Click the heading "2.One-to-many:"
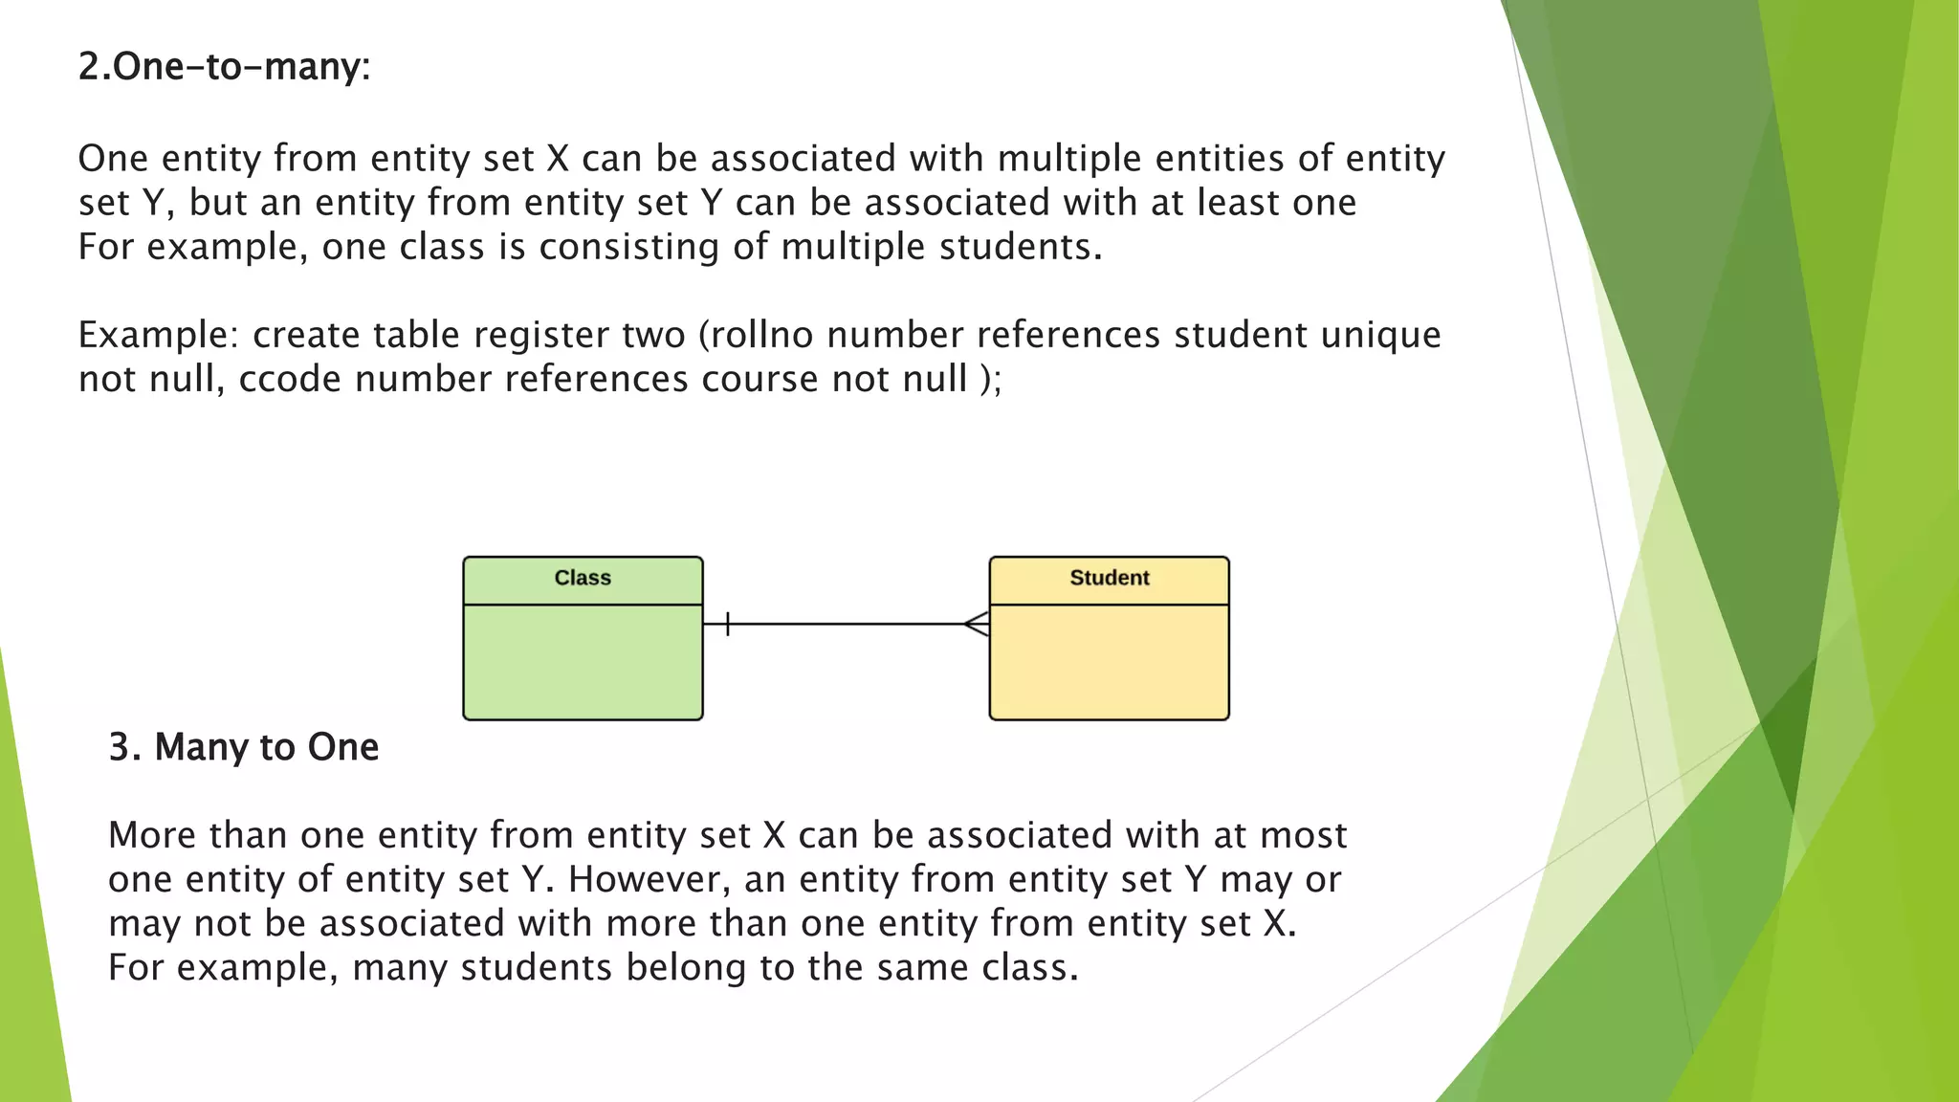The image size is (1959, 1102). [224, 67]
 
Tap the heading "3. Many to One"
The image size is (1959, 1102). [243, 747]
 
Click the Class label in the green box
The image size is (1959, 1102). [583, 578]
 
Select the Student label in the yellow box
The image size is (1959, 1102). [1109, 578]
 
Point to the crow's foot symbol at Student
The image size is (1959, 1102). [978, 625]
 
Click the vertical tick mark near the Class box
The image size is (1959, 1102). [728, 625]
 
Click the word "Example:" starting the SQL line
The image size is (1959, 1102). [158, 336]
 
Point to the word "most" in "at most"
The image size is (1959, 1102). [1303, 836]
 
